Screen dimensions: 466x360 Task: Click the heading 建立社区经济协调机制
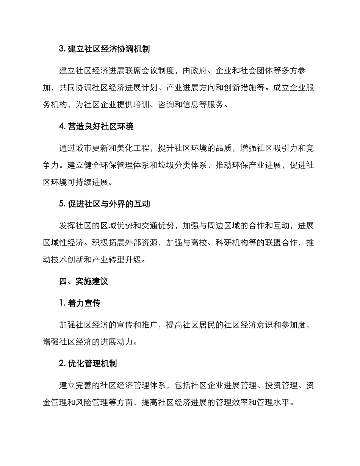coord(104,49)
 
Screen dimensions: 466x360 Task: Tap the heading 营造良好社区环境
coord(96,127)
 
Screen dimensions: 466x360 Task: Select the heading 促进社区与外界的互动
coord(105,204)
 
